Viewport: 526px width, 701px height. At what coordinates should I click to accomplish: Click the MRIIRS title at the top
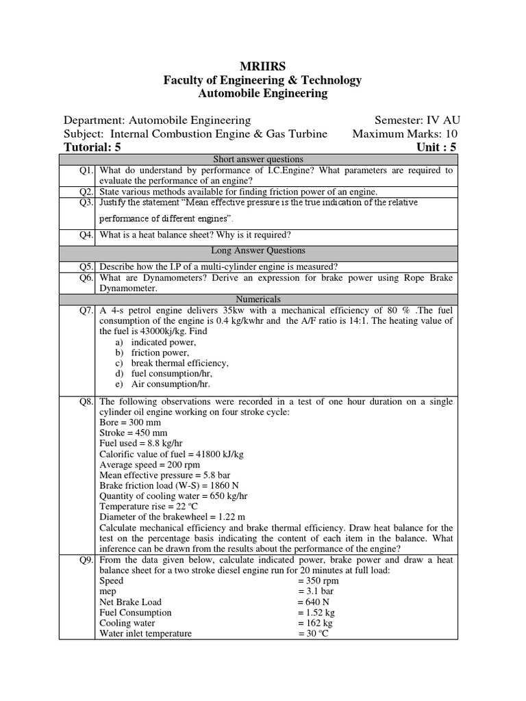[x=262, y=66]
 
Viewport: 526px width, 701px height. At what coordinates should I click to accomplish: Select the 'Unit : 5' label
[x=436, y=147]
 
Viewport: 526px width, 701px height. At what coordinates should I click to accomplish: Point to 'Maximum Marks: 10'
[x=405, y=133]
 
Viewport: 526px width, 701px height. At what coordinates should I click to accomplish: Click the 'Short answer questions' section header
[x=258, y=160]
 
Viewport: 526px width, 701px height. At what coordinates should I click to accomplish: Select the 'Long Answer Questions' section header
[x=258, y=251]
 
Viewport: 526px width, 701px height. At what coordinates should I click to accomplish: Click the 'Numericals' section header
[x=258, y=300]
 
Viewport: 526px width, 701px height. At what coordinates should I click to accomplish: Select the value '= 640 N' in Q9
[x=316, y=602]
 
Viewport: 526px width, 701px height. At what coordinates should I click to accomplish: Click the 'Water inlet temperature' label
[x=146, y=634]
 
